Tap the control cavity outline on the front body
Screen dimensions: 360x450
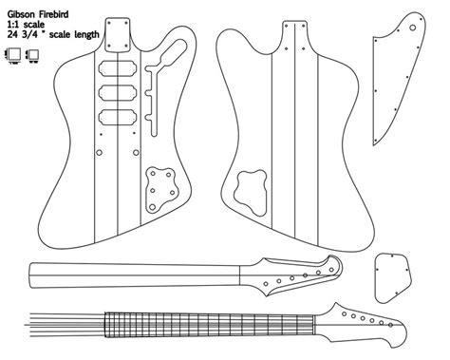point(161,185)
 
